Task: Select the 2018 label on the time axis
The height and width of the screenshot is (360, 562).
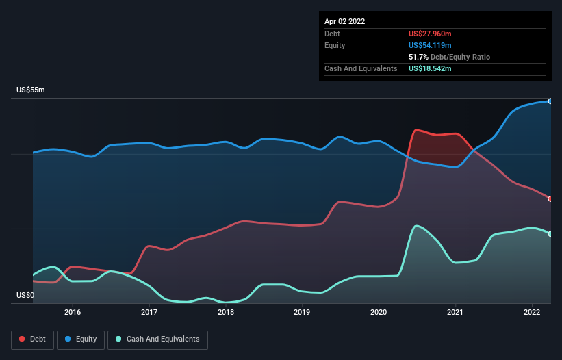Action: (226, 312)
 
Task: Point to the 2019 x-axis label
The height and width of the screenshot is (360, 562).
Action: (302, 312)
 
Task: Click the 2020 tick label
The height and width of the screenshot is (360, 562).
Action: (379, 312)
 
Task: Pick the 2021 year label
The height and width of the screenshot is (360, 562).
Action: (455, 312)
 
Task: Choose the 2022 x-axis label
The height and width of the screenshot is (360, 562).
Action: (532, 312)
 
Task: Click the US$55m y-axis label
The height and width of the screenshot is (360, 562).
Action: (31, 90)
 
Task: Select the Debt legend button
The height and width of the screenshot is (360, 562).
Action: (32, 339)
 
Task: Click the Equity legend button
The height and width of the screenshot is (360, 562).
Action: (81, 339)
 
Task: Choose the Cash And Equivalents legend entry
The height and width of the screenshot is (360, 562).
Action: (157, 339)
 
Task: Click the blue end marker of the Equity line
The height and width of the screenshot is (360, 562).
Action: (550, 101)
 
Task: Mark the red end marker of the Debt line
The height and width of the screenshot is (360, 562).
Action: (550, 198)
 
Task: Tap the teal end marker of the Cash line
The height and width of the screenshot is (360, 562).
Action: (550, 234)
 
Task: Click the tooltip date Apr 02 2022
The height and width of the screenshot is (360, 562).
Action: (344, 21)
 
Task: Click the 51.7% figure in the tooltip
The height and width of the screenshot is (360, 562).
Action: (419, 57)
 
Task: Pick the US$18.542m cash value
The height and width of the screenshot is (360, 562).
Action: (431, 68)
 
